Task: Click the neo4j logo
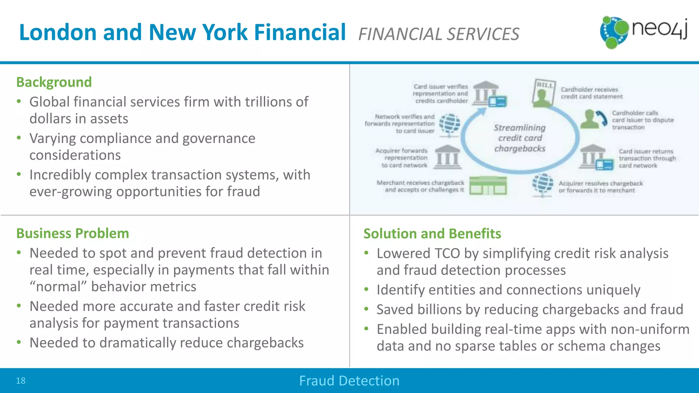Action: coord(643,32)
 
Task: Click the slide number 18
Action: coord(21,381)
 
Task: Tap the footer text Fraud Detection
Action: coord(349,381)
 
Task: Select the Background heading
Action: coord(54,82)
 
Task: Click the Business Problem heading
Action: coord(72,233)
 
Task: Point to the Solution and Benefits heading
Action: coord(432,234)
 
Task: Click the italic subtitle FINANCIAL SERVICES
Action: coord(439,34)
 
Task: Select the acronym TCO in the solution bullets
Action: coord(447,253)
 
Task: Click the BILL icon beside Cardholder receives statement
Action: coord(543,92)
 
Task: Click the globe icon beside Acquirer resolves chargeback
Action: coord(543,184)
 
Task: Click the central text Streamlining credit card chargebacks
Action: coord(519,138)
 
